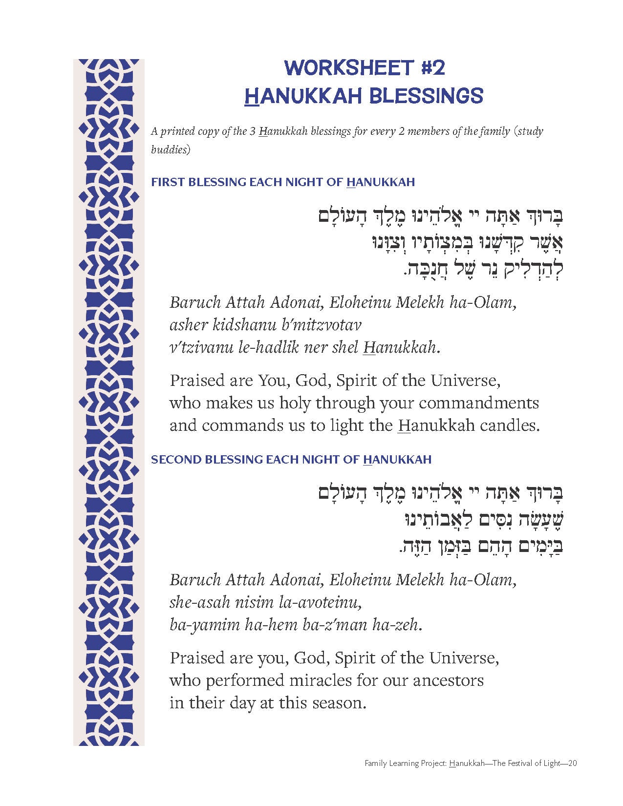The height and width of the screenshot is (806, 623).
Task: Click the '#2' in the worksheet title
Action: click(433, 67)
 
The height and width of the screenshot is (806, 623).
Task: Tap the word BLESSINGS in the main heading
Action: click(425, 96)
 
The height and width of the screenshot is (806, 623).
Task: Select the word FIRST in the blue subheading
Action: click(168, 182)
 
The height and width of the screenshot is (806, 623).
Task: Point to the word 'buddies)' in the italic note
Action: click(171, 149)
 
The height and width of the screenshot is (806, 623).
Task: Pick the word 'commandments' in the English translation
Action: click(479, 403)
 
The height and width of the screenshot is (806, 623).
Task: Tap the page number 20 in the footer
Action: click(573, 763)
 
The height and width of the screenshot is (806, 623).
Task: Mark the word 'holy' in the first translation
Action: click(295, 403)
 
